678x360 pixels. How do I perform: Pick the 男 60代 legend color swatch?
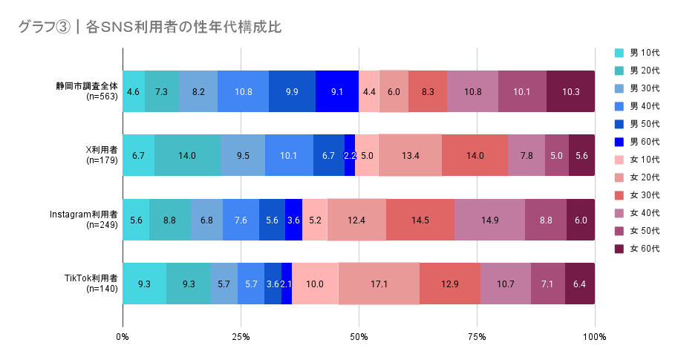pos(619,142)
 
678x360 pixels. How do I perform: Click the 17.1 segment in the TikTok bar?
pos(379,284)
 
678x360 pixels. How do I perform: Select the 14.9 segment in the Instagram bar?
pos(489,220)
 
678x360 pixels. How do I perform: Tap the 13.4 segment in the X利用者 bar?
pos(410,155)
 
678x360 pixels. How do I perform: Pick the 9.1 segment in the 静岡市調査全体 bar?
pos(337,91)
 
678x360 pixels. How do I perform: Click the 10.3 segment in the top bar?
pos(570,91)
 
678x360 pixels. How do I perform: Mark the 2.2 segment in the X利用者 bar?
pos(350,155)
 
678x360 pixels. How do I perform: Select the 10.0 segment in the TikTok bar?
pos(315,284)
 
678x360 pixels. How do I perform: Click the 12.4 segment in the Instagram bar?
pos(356,220)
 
